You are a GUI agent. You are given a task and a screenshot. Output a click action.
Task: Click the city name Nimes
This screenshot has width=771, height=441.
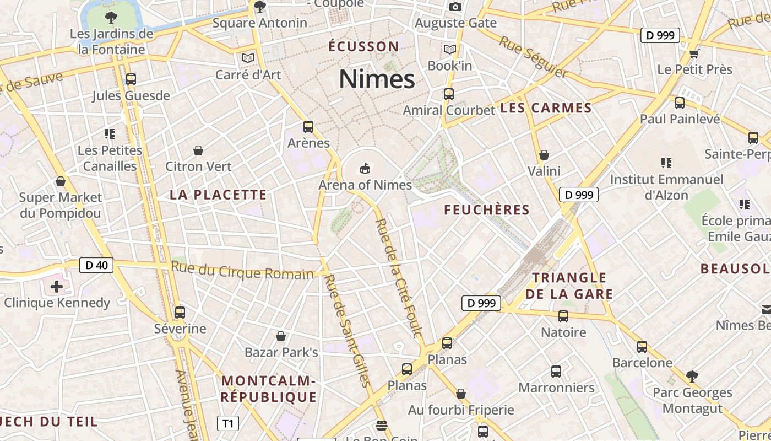[377, 79]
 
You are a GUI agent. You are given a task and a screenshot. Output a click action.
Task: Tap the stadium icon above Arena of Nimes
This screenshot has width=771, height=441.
[365, 168]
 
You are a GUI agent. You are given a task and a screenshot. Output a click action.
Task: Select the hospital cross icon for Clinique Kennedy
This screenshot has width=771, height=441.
[56, 287]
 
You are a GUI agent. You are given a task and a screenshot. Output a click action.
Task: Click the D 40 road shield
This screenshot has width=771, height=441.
[96, 265]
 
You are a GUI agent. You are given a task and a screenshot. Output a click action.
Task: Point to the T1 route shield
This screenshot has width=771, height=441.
[228, 423]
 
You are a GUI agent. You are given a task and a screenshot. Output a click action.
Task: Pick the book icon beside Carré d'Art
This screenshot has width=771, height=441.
[248, 58]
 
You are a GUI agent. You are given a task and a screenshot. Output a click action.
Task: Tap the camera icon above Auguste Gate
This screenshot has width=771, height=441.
[455, 7]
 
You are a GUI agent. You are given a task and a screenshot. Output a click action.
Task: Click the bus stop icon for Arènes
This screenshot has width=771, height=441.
[308, 127]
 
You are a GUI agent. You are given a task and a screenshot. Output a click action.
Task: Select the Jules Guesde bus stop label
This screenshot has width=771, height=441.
[131, 96]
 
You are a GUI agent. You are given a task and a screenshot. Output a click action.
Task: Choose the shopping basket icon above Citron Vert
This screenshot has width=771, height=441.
[198, 150]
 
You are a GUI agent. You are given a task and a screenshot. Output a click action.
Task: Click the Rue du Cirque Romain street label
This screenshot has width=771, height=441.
[242, 271]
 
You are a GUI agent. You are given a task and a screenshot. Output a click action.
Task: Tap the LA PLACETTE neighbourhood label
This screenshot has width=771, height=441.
[218, 195]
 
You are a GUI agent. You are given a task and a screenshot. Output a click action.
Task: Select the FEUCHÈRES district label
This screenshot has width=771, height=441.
[487, 210]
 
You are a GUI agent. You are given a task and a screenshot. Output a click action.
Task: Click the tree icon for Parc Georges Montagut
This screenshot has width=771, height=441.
[692, 377]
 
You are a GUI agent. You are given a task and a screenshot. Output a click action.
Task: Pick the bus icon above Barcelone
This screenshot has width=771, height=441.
[642, 347]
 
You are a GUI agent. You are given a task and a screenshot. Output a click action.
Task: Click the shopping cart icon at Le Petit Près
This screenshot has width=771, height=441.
[694, 53]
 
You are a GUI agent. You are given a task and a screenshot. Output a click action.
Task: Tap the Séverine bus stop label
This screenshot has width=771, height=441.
[180, 329]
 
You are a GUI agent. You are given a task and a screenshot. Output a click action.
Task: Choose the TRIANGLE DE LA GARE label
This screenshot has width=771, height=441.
[569, 286]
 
